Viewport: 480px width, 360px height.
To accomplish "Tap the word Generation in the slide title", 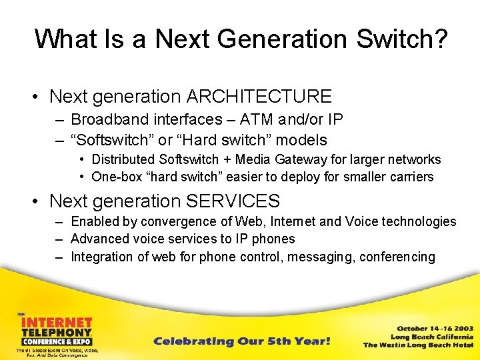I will pyautogui.click(x=285, y=39).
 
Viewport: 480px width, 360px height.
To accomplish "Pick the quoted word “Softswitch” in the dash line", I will pyautogui.click(x=109, y=140).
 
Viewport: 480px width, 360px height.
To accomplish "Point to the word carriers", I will pyautogui.click(x=409, y=177).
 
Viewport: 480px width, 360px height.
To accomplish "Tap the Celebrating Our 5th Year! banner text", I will pyautogui.click(x=242, y=341).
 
